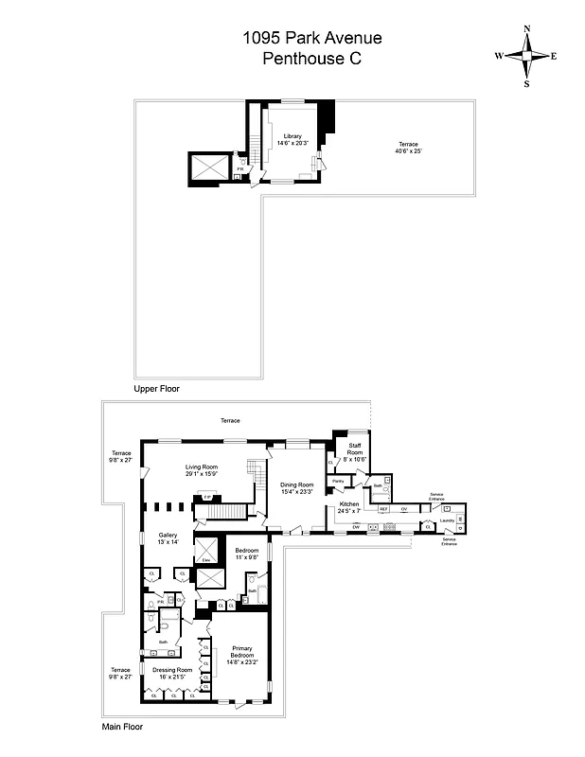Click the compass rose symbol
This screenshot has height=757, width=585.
tap(526, 55)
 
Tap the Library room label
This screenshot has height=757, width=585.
tap(292, 136)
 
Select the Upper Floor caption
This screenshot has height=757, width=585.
tap(156, 388)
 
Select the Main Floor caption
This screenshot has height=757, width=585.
tap(122, 728)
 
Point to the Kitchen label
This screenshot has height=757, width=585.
tap(349, 504)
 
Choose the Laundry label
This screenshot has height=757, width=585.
tap(447, 520)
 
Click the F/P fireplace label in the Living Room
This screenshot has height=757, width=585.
tap(206, 496)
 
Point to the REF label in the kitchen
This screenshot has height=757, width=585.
tap(384, 509)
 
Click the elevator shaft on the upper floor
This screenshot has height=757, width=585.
tap(208, 167)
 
